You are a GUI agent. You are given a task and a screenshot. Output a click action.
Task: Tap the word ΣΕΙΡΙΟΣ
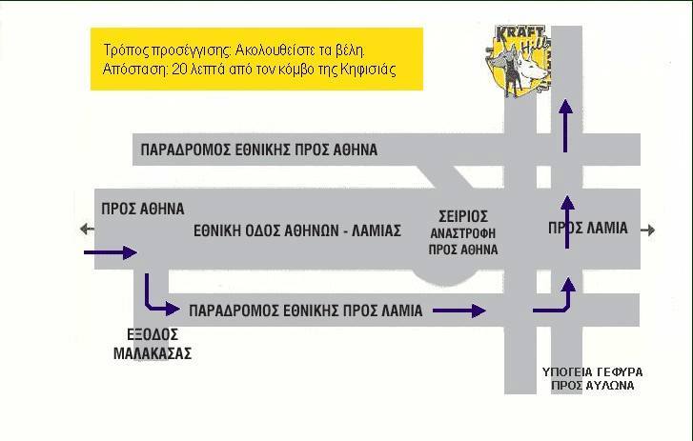click(x=463, y=217)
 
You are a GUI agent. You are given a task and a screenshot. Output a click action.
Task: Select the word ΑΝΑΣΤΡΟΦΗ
click(x=463, y=233)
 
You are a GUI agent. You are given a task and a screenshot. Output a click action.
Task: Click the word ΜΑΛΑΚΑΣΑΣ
click(x=153, y=353)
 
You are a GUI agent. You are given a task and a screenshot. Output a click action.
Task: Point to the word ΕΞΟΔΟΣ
click(x=153, y=334)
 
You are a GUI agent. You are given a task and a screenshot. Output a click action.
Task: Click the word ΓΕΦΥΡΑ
click(x=620, y=372)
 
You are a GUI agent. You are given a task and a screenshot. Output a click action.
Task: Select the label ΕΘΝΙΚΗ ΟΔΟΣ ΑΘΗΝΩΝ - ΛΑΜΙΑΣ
click(x=297, y=231)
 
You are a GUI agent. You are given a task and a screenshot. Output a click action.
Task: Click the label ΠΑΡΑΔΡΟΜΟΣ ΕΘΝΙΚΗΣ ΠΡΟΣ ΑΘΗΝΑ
click(x=259, y=150)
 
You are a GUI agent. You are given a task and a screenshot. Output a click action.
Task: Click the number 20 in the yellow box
click(x=179, y=70)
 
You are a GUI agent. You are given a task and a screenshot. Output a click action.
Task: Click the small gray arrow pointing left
click(x=87, y=229)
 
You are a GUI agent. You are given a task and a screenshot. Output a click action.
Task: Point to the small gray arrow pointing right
click(x=648, y=230)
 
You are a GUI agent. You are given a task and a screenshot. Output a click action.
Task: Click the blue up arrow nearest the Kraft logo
click(x=565, y=127)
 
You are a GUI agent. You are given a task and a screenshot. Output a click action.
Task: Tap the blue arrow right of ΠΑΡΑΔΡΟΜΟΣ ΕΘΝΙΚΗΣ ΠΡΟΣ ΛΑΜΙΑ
click(x=459, y=311)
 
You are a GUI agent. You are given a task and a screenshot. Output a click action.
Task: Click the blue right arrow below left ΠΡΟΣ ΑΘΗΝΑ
click(x=111, y=253)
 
